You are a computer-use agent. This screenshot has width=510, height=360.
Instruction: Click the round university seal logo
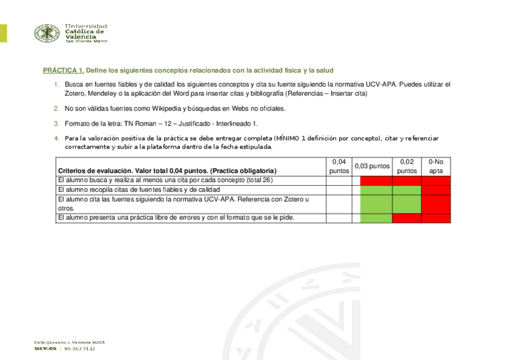click(x=47, y=33)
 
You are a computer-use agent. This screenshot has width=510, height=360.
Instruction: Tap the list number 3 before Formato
click(x=56, y=124)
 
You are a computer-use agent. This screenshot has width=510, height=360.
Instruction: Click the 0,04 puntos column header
click(x=339, y=166)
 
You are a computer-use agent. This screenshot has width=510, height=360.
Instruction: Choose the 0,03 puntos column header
click(x=372, y=166)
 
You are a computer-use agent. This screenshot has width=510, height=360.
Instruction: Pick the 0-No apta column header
click(x=435, y=166)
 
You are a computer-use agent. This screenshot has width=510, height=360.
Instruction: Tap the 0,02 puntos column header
click(x=407, y=166)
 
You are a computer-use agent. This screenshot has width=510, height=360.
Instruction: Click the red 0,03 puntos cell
click(x=376, y=180)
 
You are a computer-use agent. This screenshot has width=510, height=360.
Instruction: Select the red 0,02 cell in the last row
click(x=407, y=218)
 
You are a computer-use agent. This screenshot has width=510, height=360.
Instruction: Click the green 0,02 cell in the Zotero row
click(x=407, y=204)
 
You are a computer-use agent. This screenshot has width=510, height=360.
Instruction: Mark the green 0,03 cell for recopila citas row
click(x=376, y=189)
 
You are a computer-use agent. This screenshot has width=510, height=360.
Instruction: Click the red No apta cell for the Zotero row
click(x=435, y=204)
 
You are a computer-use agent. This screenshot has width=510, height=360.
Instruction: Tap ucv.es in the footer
click(x=45, y=349)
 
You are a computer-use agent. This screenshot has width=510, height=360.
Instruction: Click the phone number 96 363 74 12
click(x=80, y=349)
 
